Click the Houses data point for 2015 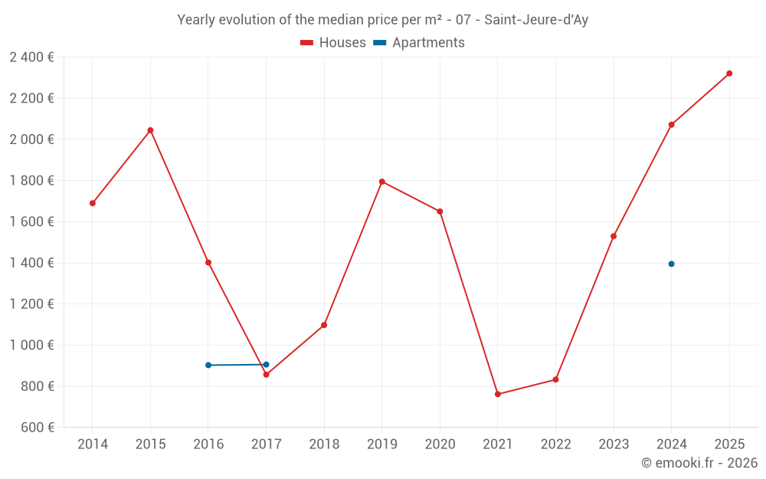150,130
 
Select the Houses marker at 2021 498,394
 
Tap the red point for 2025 729,74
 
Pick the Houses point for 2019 382,182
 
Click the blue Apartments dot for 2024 672,264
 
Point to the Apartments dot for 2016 208,365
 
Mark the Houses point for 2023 614,236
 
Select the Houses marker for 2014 93,203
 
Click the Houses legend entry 333,43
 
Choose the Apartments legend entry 419,43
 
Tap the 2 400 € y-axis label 31,57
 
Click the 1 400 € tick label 31,263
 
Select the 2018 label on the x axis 324,445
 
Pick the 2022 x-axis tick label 555,445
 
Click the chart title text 382,20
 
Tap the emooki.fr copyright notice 699,463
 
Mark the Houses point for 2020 440,212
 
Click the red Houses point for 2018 324,325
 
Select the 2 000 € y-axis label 31,139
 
